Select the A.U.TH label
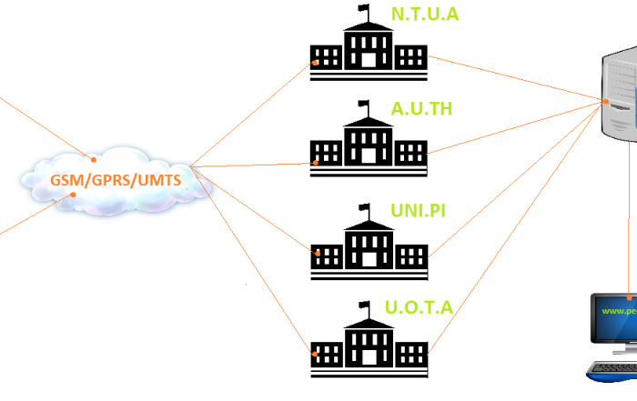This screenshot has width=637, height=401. click(x=421, y=110)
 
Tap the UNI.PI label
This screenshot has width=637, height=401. click(x=418, y=212)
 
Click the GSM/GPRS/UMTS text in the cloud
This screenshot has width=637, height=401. click(x=116, y=180)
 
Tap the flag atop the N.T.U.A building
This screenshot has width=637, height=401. click(x=365, y=11)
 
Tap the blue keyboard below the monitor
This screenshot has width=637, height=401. click(x=612, y=370)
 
